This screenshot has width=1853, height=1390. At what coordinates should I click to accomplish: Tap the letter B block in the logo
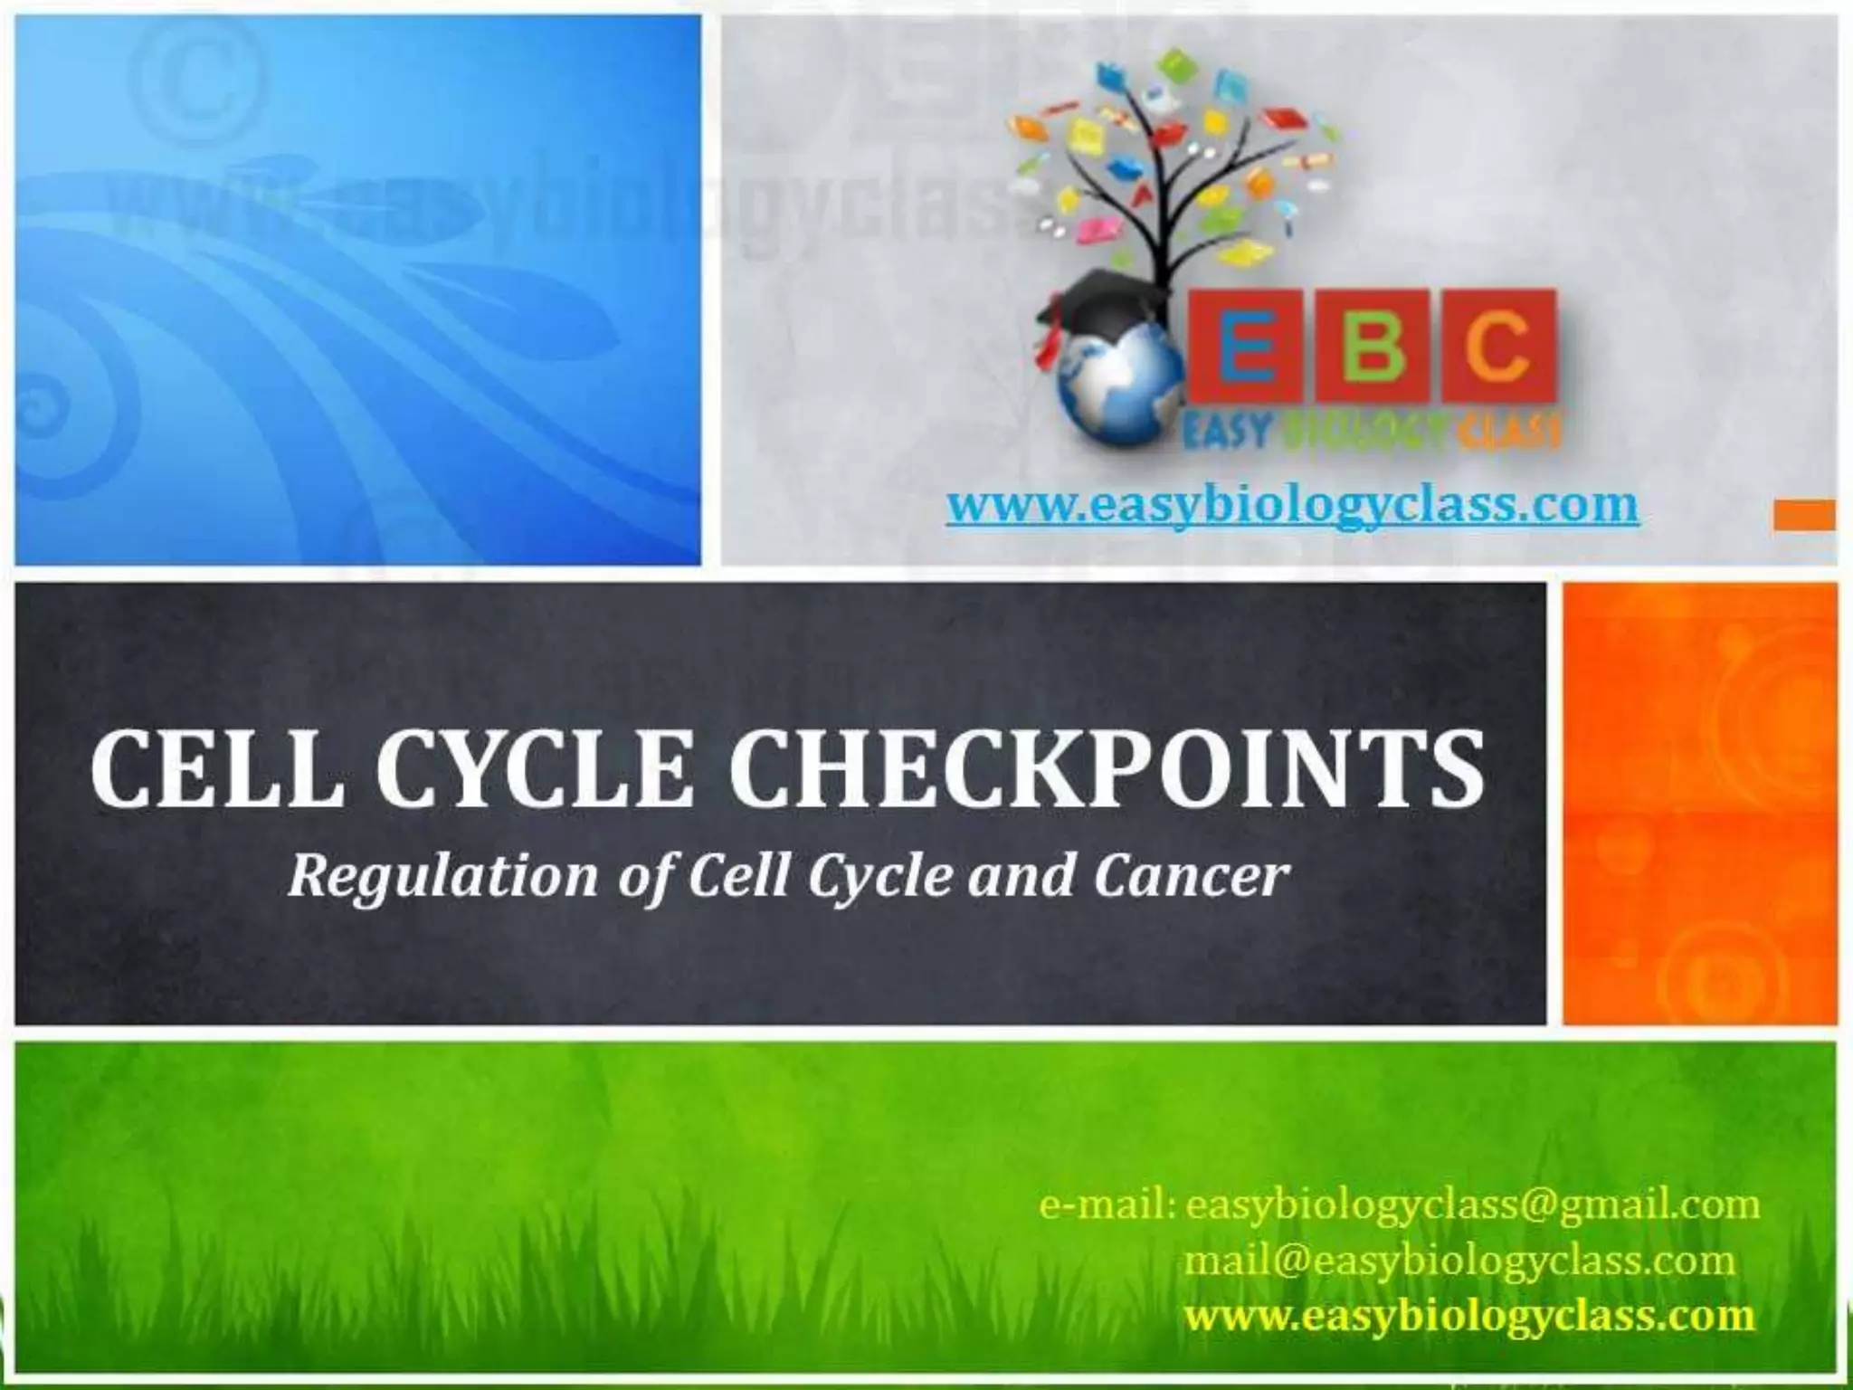[1373, 347]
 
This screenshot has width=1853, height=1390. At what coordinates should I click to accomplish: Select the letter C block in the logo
[1499, 347]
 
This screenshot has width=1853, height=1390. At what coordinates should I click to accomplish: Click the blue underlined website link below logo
[1292, 505]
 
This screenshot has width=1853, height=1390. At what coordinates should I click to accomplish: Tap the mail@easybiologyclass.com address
[1459, 1260]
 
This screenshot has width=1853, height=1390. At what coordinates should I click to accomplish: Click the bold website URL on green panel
[1469, 1314]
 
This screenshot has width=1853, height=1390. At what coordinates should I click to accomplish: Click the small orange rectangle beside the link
[1803, 515]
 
